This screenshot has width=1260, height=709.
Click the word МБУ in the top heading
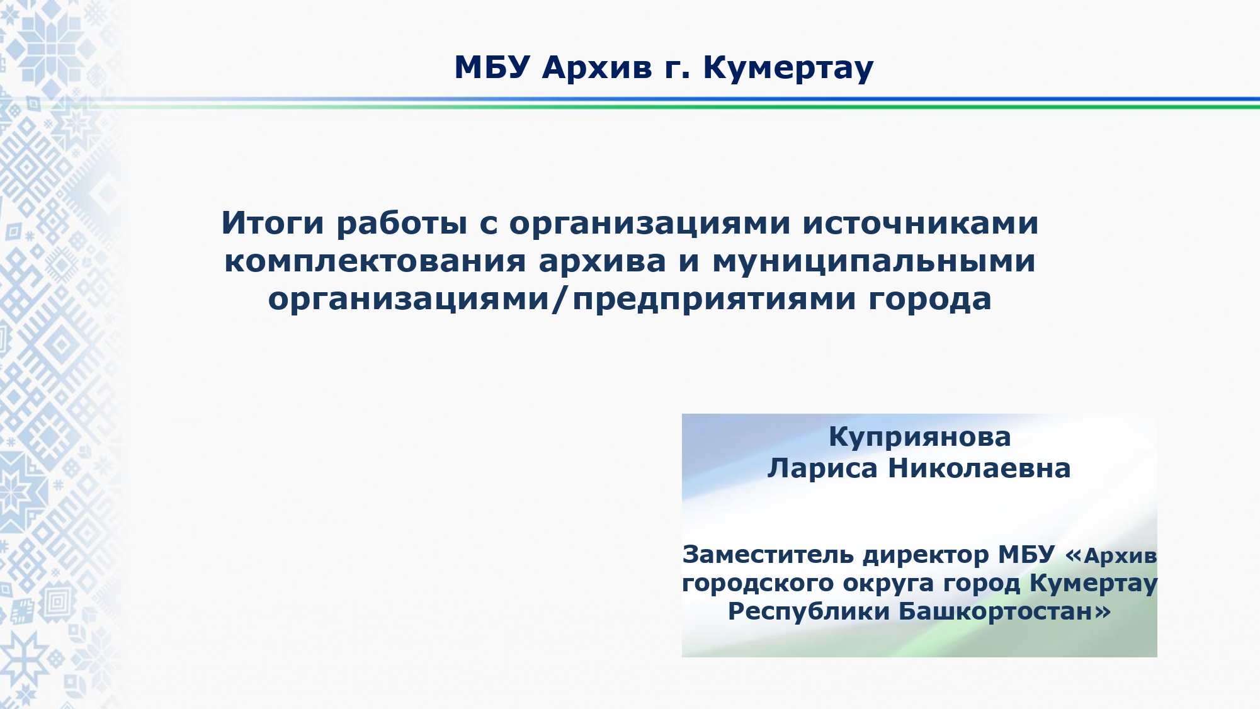(x=492, y=67)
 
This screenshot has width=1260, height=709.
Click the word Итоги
(x=273, y=223)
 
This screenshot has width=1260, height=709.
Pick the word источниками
(x=920, y=224)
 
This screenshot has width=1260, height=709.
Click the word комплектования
(x=375, y=261)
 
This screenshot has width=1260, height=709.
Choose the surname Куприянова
(x=919, y=437)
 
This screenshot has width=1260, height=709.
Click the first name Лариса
(x=822, y=468)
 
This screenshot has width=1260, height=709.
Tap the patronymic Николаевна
(x=979, y=468)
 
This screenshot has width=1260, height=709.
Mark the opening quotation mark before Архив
(x=1073, y=556)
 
